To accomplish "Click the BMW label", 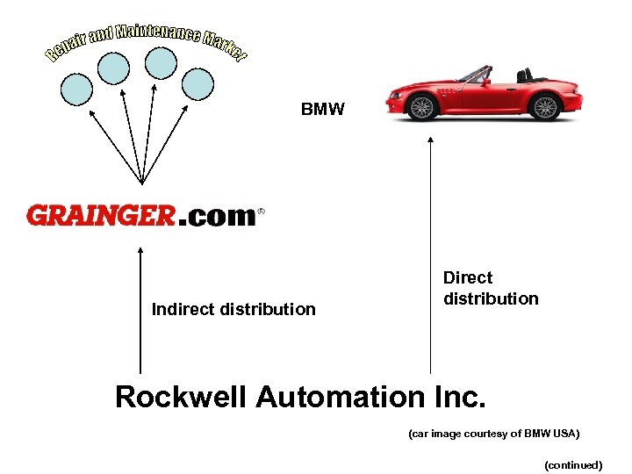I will point(322,110).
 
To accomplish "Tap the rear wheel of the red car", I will point(545,107).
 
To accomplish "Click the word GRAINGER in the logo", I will point(101,215).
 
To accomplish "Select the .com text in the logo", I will point(217,216).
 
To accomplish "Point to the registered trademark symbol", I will point(261,212).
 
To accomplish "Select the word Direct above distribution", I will point(468,278).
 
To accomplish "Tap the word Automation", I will point(338,398).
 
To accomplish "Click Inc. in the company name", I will point(458,398).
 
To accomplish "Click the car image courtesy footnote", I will point(494,434).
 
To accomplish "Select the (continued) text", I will point(573,465).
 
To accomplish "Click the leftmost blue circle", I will point(76,87).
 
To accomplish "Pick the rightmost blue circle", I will point(197,83).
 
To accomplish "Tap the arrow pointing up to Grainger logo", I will point(140,307).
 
